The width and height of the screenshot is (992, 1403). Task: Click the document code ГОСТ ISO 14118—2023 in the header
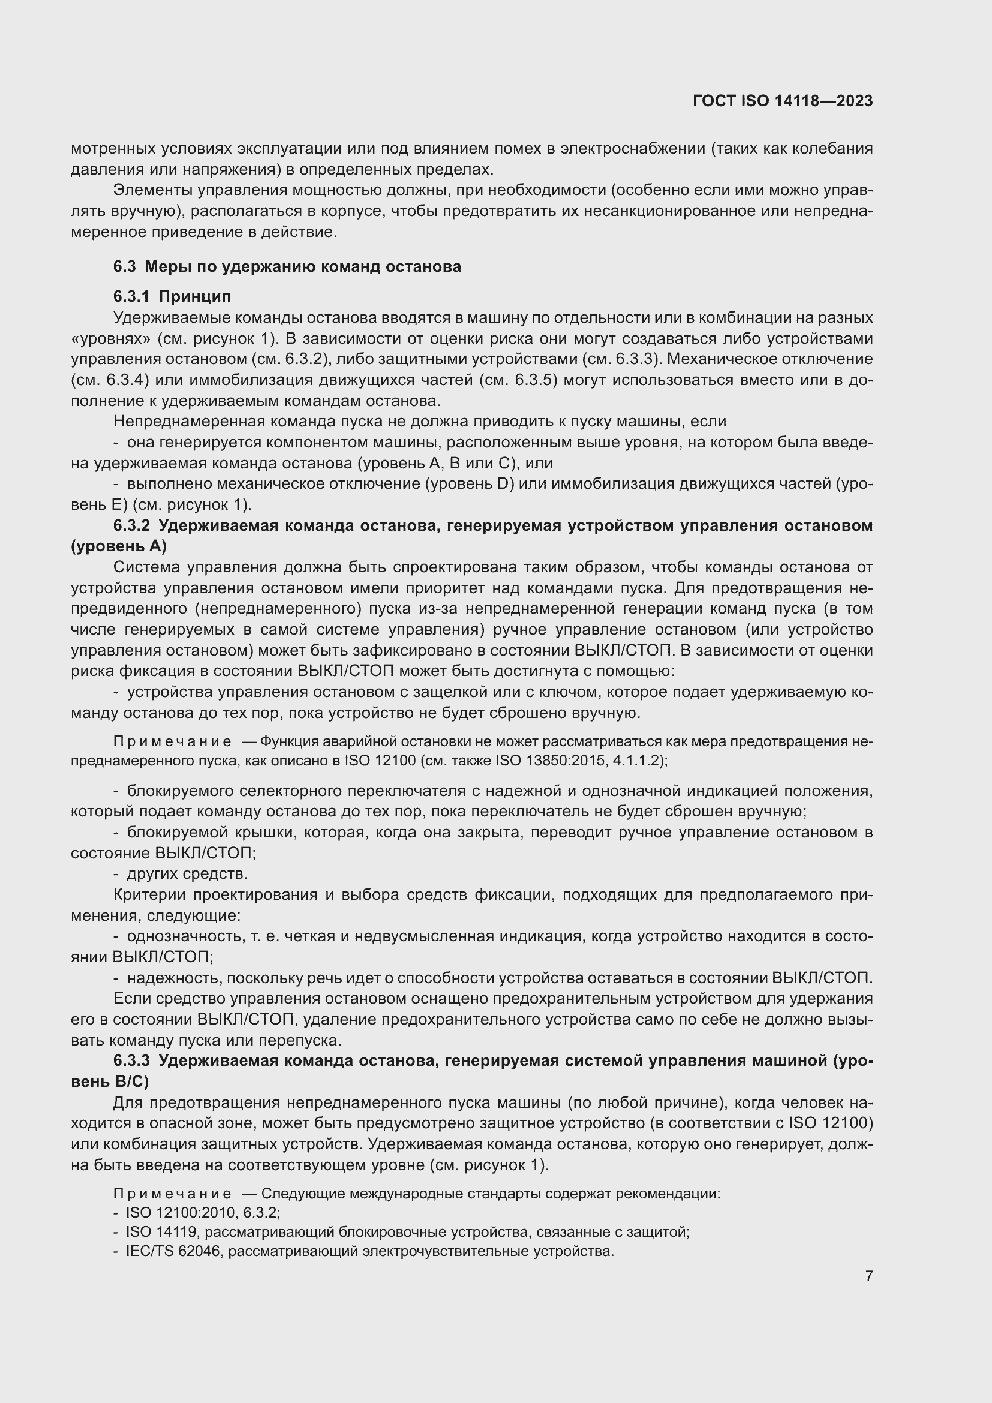click(x=783, y=101)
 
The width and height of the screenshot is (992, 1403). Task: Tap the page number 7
click(x=868, y=1276)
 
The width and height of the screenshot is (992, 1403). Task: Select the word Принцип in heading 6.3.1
click(x=195, y=297)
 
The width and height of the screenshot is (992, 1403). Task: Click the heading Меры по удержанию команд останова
click(x=302, y=267)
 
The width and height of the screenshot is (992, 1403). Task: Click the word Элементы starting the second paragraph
click(x=152, y=191)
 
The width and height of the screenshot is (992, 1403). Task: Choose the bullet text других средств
click(x=187, y=874)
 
